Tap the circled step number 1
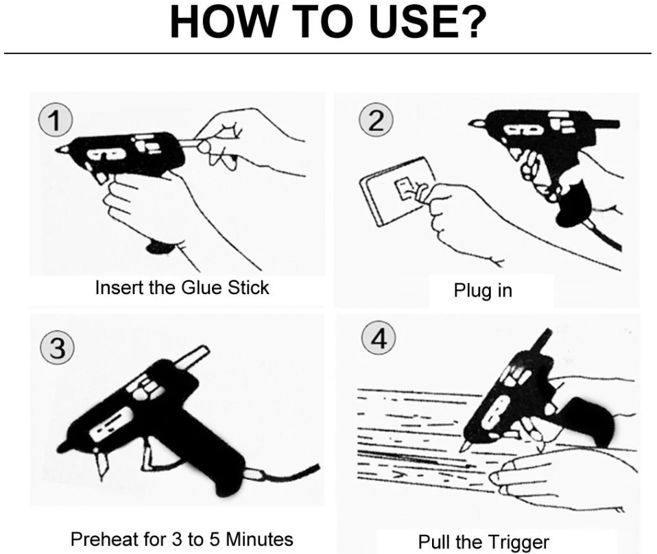53,121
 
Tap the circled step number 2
376,121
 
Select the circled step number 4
379,339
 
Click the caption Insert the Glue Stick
182,287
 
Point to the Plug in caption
483,290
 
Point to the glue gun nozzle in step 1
63,149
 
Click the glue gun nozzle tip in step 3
64,446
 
